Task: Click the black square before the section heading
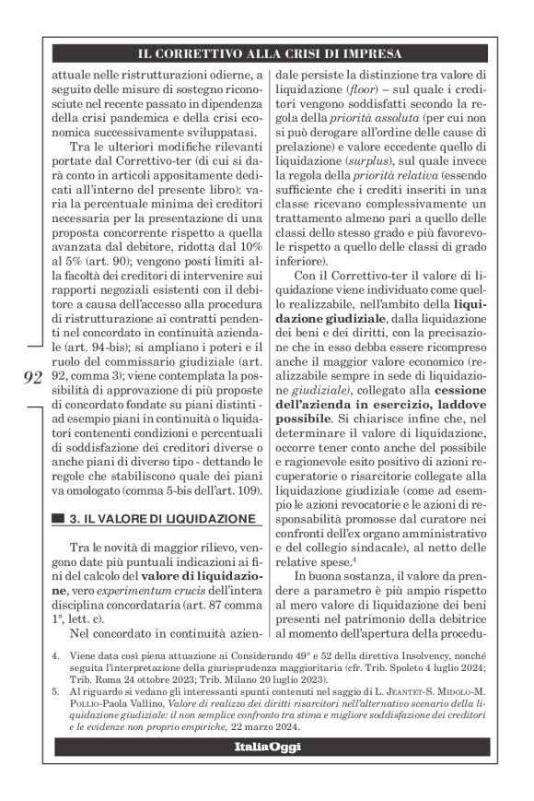click(x=60, y=521)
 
